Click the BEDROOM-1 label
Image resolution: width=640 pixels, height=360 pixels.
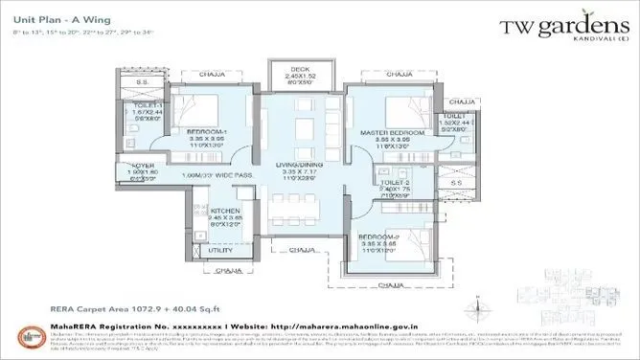[x=205, y=130]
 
